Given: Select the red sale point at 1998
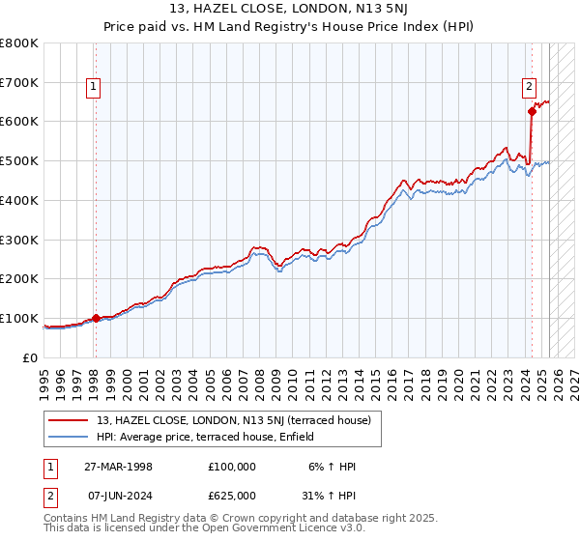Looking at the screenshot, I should [x=96, y=318].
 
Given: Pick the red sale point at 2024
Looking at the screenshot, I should [x=532, y=112].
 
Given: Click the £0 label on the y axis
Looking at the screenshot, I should [x=31, y=357].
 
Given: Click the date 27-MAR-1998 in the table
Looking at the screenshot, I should [x=119, y=467].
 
